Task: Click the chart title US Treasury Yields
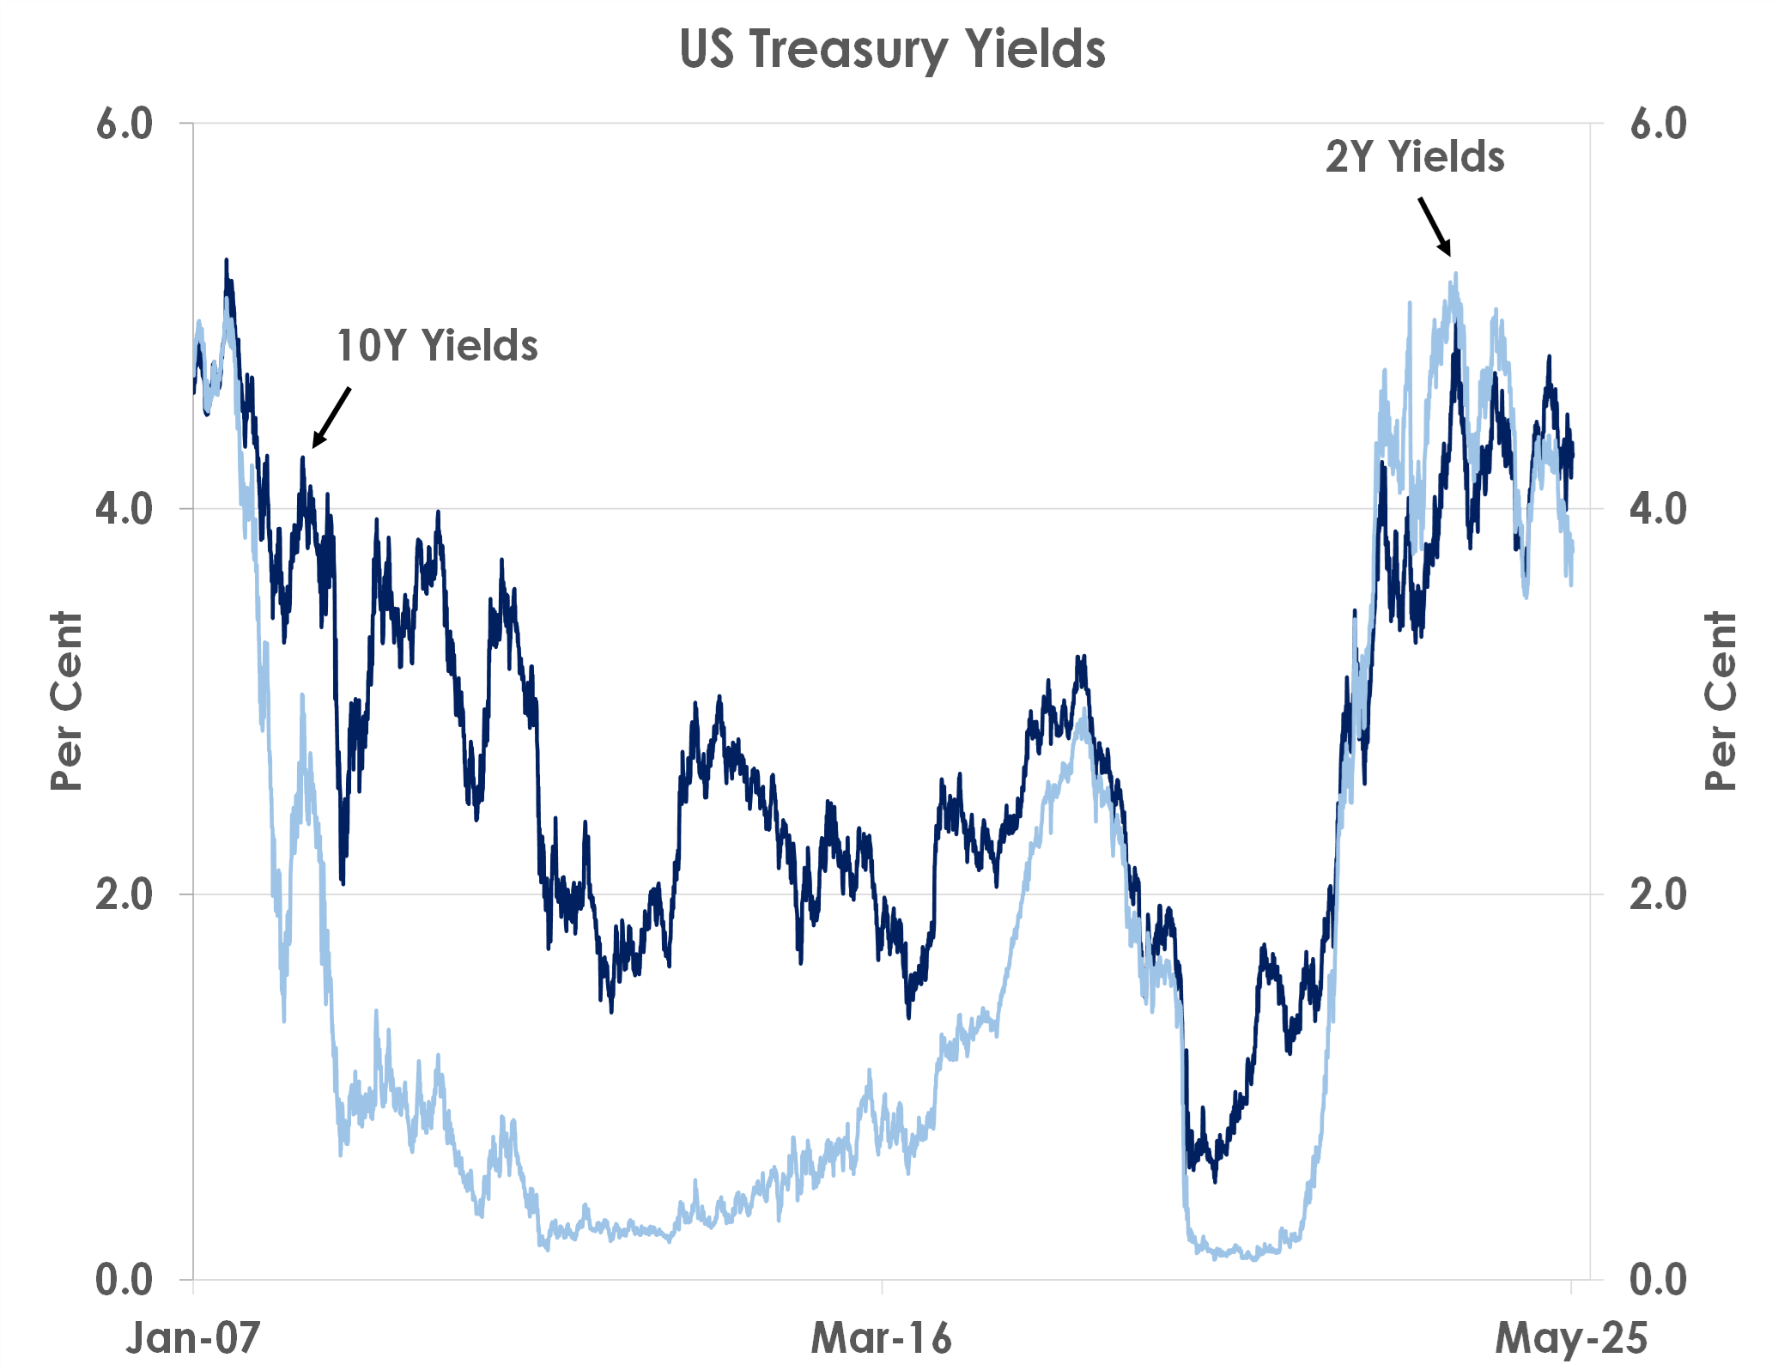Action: [x=892, y=49]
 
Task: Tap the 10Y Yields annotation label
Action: [x=437, y=346]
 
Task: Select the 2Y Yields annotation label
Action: [x=1415, y=157]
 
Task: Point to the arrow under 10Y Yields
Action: [x=331, y=417]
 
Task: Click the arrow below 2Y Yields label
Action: [x=1435, y=227]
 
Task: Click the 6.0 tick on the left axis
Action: [x=124, y=124]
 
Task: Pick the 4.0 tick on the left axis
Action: [x=124, y=509]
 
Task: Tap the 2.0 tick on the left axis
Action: [x=124, y=894]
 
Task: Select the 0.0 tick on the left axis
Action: [x=124, y=1280]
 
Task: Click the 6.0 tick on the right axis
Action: [x=1659, y=124]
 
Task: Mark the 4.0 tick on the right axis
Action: [x=1659, y=509]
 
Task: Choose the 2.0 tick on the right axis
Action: [x=1659, y=894]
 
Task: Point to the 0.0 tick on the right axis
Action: [x=1659, y=1280]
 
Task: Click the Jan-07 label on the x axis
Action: [x=193, y=1337]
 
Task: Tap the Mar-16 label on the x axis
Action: [x=882, y=1337]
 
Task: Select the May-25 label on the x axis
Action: [x=1571, y=1337]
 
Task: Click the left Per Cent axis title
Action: [x=66, y=701]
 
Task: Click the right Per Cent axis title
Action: [x=1720, y=701]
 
